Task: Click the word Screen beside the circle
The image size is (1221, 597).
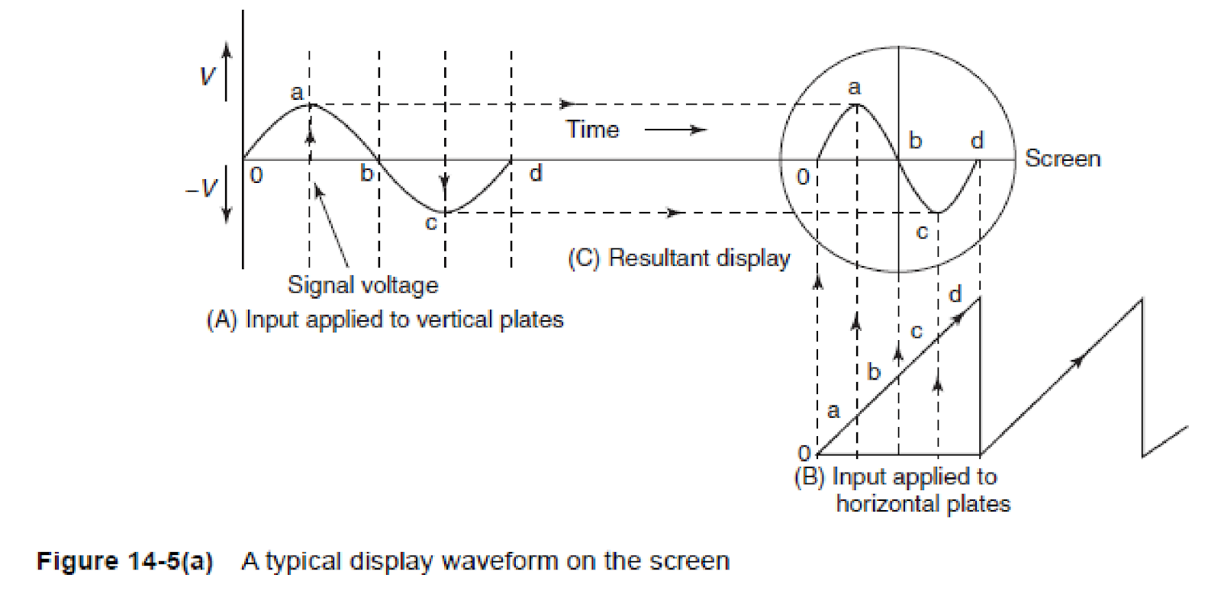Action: coord(1062,159)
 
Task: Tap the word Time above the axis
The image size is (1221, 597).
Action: coord(592,130)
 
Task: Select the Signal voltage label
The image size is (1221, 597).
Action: coord(363,285)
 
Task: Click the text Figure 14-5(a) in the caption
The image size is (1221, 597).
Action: coord(124,561)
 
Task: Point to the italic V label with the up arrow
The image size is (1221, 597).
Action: coord(207,75)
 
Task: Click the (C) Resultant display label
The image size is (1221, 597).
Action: coord(679,258)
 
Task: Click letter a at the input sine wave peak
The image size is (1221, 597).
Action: coord(297,93)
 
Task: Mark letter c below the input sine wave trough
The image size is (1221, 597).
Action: coord(430,223)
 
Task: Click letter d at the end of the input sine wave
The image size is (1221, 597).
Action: coord(536,174)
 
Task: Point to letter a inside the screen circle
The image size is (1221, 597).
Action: coord(855,88)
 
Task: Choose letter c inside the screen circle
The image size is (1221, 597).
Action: coord(922,232)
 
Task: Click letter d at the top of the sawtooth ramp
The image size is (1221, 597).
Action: coord(955,294)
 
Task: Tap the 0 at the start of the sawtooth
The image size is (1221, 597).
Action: coord(804,453)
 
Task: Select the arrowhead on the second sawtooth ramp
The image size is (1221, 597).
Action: coord(1077,361)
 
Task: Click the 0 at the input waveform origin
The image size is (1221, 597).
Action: coord(256,175)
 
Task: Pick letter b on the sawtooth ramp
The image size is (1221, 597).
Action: coord(875,372)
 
